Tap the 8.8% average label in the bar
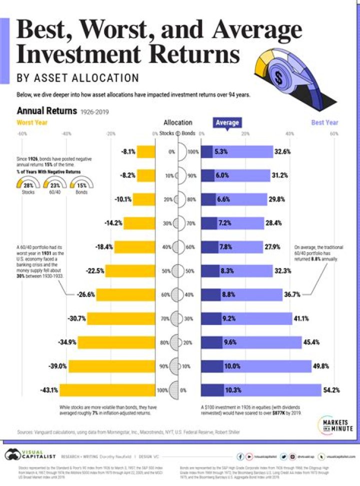coord(228,294)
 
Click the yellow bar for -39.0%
coord(112,366)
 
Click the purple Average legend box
coord(227,122)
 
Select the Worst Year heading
coord(32,122)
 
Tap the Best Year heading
coord(324,122)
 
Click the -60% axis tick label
coord(21,134)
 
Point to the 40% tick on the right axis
coord(289,134)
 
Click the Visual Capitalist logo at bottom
coord(29,456)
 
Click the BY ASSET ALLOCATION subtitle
coord(77,78)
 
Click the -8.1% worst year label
coord(128,151)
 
